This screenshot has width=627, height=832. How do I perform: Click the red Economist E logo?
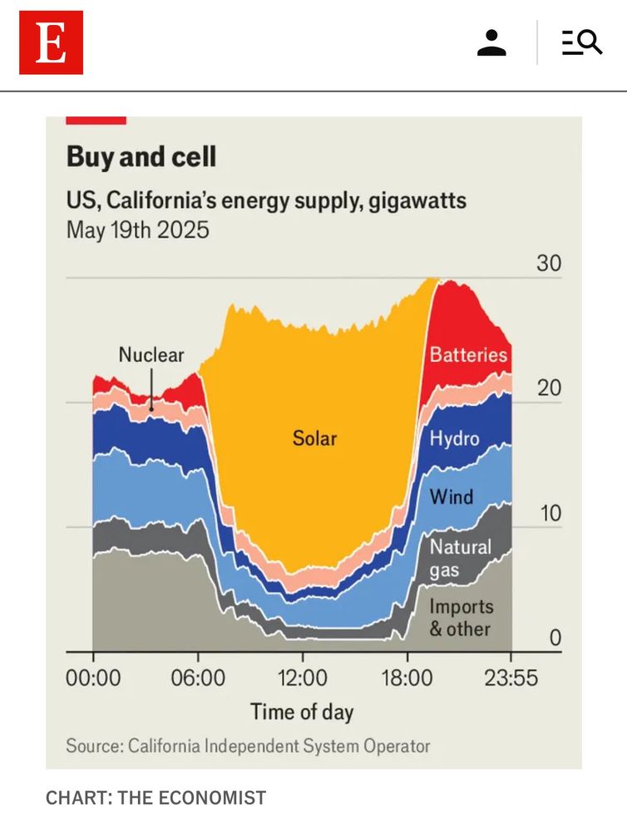tap(51, 42)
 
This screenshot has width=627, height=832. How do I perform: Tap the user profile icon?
tap(491, 42)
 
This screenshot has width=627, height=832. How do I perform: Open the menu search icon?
tap(581, 42)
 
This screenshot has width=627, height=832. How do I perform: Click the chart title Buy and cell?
tap(141, 156)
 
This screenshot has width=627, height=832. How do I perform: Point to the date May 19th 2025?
tap(138, 229)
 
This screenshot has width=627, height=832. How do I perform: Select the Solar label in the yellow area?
tap(315, 438)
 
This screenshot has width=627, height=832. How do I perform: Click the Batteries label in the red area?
tap(468, 354)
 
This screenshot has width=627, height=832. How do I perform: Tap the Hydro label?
tap(454, 438)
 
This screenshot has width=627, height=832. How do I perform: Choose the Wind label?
tap(451, 498)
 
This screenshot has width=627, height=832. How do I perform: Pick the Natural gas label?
tap(460, 559)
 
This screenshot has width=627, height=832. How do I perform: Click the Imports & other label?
tap(461, 618)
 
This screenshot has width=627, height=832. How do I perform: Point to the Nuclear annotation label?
tap(151, 354)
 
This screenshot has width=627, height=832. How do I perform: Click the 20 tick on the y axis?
tap(550, 389)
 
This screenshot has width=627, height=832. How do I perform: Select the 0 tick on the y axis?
tap(555, 638)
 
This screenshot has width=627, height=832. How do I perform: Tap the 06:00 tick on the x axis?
tap(198, 678)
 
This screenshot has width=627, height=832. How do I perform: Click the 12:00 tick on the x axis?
tap(303, 678)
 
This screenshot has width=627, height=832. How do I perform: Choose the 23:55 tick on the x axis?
tap(511, 678)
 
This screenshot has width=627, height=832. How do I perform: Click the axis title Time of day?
tap(302, 712)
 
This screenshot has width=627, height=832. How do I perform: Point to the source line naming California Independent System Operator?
tap(248, 745)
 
